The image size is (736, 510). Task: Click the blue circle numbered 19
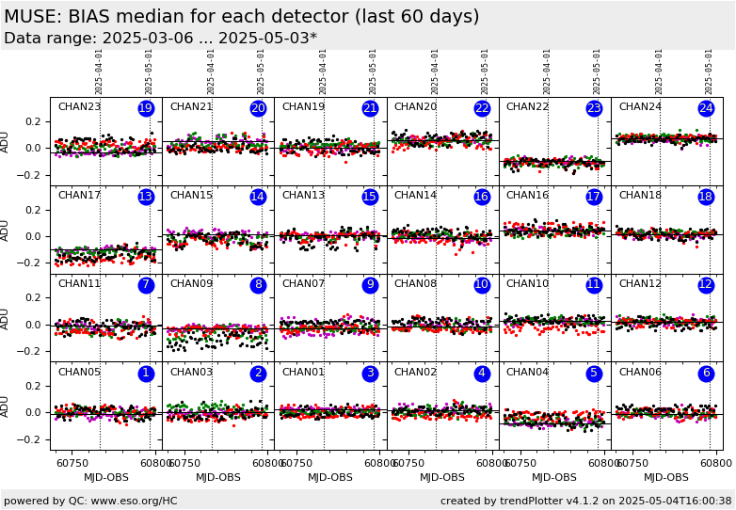coord(146,108)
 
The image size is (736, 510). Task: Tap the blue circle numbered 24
coord(706,108)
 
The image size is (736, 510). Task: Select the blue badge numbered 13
coord(146,197)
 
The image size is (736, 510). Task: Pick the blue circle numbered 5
coord(594,374)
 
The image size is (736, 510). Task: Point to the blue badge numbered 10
coord(482,285)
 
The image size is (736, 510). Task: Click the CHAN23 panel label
coord(79,107)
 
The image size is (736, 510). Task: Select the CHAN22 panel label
coord(527,107)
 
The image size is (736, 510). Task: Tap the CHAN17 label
coord(79,196)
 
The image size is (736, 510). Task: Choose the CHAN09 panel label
coord(191,284)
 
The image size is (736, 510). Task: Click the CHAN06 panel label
coord(639,373)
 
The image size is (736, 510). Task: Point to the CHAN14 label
coord(415,196)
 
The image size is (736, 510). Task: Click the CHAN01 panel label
coord(303,373)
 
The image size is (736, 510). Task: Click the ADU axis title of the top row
coord(6,141)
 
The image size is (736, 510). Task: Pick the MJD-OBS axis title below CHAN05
coord(106,477)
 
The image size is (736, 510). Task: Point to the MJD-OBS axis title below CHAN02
coord(442,477)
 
